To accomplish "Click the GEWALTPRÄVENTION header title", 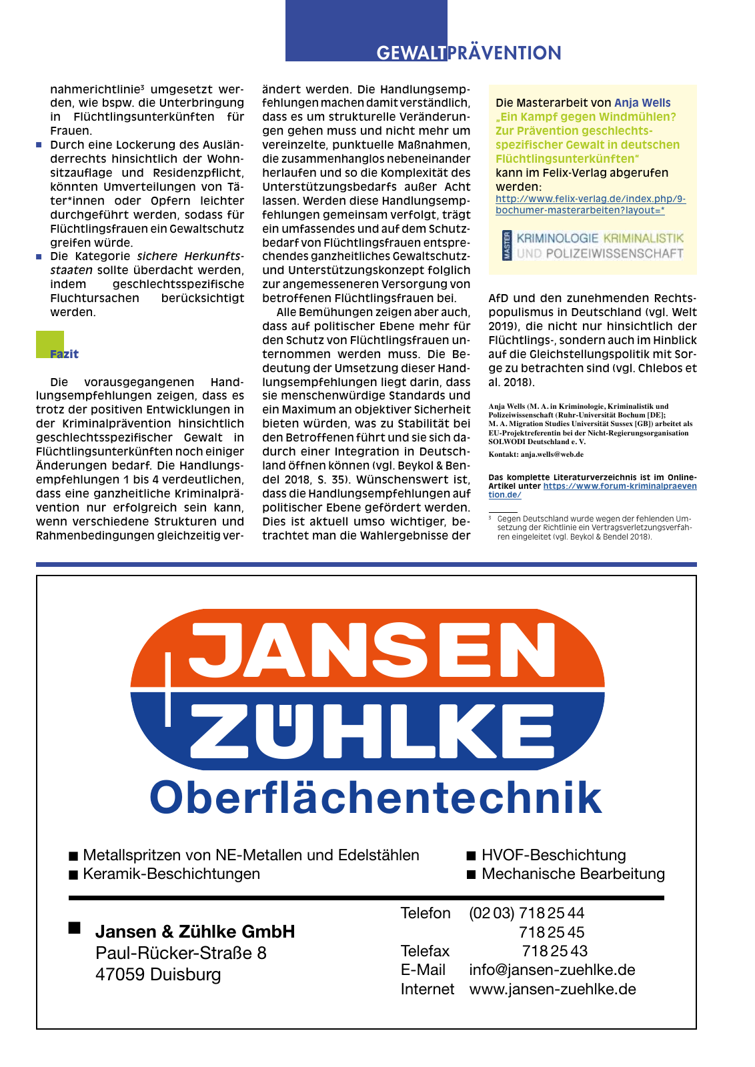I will pyautogui.click(x=469, y=53).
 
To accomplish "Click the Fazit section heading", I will pyautogui.click(x=64, y=354).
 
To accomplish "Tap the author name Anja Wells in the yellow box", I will pyautogui.click(x=642, y=103).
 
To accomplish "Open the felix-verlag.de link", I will pyautogui.click(x=590, y=205).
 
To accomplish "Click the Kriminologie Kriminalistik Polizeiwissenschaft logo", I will pyautogui.click(x=593, y=245).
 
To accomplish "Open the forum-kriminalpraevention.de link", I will pyautogui.click(x=620, y=486).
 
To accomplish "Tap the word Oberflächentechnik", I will pyautogui.click(x=375, y=798).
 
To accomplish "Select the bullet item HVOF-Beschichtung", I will pyautogui.click(x=554, y=855).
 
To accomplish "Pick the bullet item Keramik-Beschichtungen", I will pyautogui.click(x=171, y=874).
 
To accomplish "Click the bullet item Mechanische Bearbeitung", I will pyautogui.click(x=573, y=874).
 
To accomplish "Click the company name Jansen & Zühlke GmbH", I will pyautogui.click(x=195, y=932).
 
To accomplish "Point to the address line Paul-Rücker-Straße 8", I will pyautogui.click(x=181, y=953).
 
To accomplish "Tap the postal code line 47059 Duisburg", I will pyautogui.click(x=158, y=974).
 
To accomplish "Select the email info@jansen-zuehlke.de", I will pyautogui.click(x=552, y=970).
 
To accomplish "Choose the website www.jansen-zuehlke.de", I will pyautogui.click(x=552, y=989).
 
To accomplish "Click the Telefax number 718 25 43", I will pyautogui.click(x=554, y=951).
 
